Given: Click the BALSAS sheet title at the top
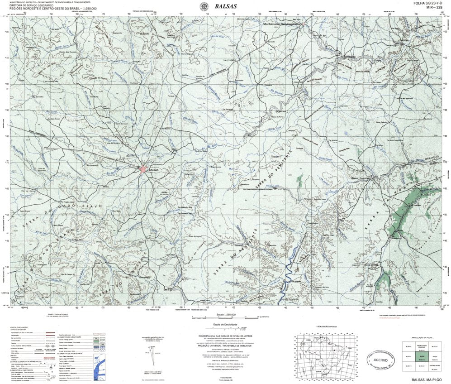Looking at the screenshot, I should [x=225, y=6].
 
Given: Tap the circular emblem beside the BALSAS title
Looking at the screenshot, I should [x=204, y=6].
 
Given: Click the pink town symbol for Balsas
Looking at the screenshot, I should [x=143, y=169].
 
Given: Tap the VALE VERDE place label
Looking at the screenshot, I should [x=229, y=60].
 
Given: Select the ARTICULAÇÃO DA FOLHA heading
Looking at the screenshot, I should [x=423, y=337].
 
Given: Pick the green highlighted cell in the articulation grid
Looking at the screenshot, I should [x=422, y=357].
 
